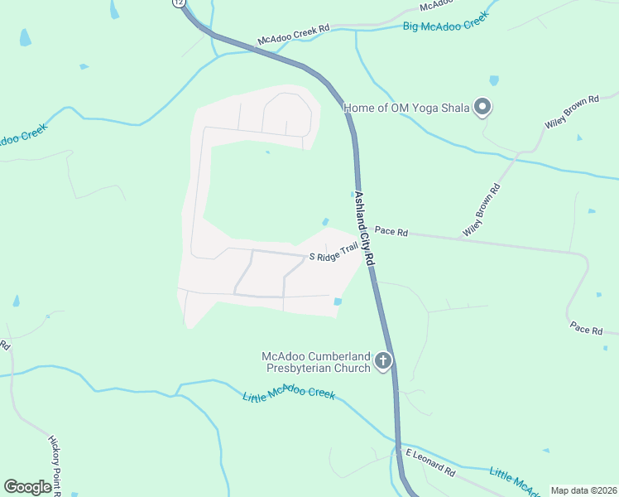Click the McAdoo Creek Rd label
coord(293,34)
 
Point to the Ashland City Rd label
coord(364,229)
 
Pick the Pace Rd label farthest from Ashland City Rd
coord(586,330)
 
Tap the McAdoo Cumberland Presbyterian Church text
coord(315,361)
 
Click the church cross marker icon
coord(382,360)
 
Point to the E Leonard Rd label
coord(429,462)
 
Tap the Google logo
coord(27,486)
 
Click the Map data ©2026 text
coord(583,490)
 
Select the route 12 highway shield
coord(180,2)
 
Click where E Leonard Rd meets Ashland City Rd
coord(397,447)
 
